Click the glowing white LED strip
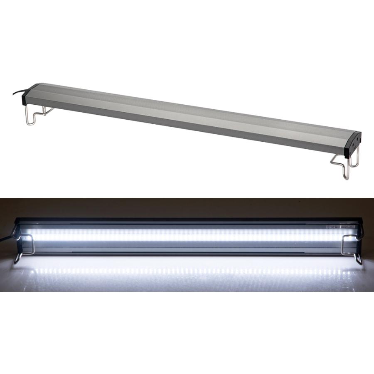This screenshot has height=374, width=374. pyautogui.click(x=187, y=235)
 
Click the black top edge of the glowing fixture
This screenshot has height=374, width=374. pyautogui.click(x=187, y=219)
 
